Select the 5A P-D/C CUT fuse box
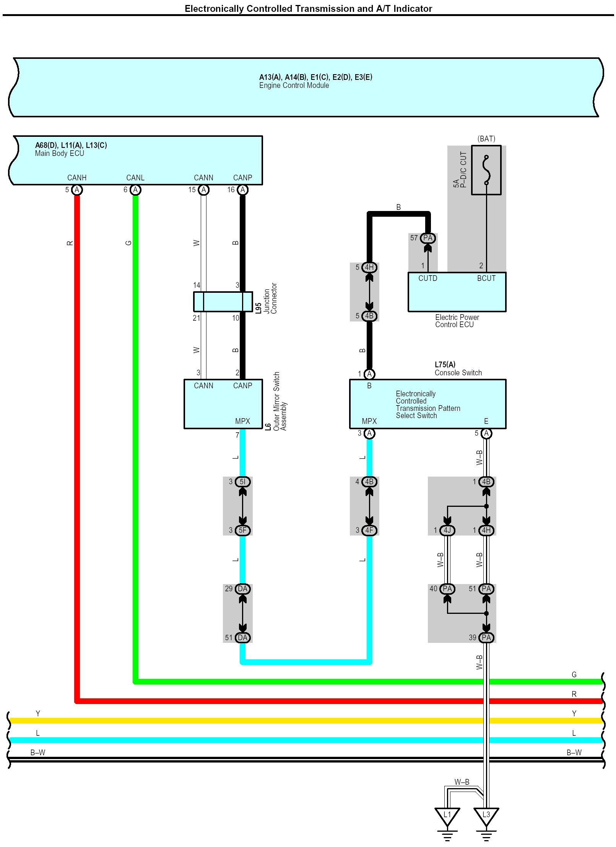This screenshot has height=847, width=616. click(x=486, y=170)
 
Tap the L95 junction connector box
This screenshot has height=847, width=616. click(x=223, y=302)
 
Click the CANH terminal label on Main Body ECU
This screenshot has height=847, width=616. click(x=77, y=178)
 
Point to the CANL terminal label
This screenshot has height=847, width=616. click(x=135, y=178)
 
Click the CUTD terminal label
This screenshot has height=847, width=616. click(x=427, y=278)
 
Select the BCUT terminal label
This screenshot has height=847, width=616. click(x=486, y=278)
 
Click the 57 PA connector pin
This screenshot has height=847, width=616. click(x=427, y=238)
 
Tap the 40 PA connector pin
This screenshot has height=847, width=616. click(x=447, y=589)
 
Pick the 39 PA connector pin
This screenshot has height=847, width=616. click(x=486, y=638)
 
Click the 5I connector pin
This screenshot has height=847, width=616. click(x=242, y=482)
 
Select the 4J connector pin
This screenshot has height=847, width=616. click(x=447, y=530)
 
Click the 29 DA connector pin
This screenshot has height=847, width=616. click(x=242, y=589)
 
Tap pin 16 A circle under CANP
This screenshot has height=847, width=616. click(x=242, y=190)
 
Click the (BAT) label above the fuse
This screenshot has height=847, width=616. click(x=486, y=139)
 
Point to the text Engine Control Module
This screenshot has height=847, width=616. click(x=294, y=86)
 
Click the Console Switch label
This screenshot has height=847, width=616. click(x=458, y=373)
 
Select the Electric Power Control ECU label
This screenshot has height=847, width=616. click(x=457, y=321)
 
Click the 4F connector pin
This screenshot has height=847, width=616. click(x=369, y=530)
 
